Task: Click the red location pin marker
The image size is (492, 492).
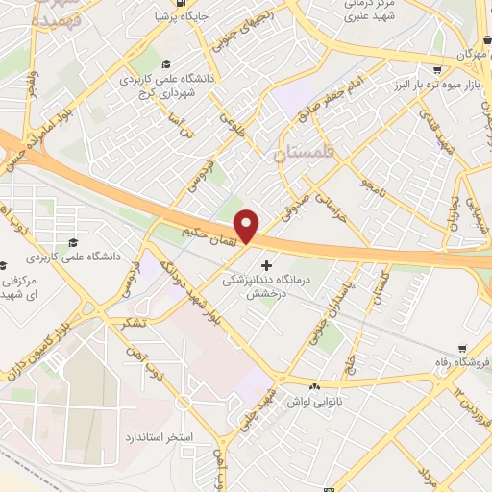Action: coord(248,226)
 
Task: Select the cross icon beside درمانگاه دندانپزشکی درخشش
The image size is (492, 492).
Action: coord(266,263)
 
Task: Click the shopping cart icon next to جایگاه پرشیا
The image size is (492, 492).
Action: coord(160,16)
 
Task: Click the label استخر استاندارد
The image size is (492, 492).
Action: coord(159,437)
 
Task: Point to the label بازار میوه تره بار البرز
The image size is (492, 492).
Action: coord(437,87)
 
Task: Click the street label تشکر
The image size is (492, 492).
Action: coord(129,323)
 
